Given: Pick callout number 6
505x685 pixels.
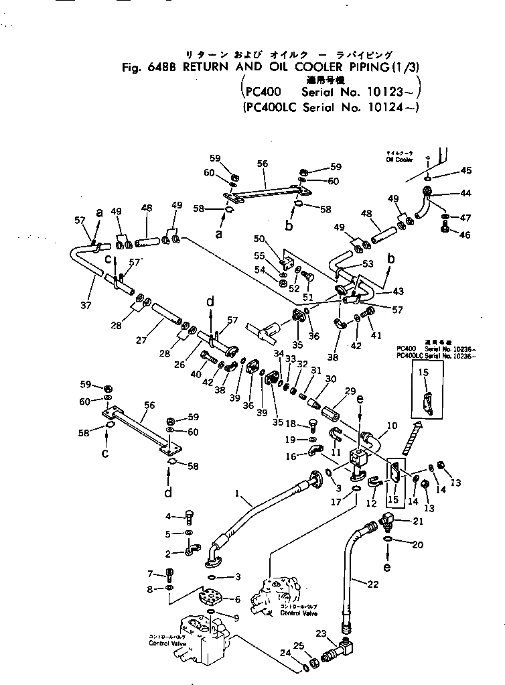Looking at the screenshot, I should pyautogui.click(x=237, y=600).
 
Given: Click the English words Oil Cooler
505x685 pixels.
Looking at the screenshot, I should pyautogui.click(x=399, y=160).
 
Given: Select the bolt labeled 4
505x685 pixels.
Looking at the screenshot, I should pyautogui.click(x=189, y=517).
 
